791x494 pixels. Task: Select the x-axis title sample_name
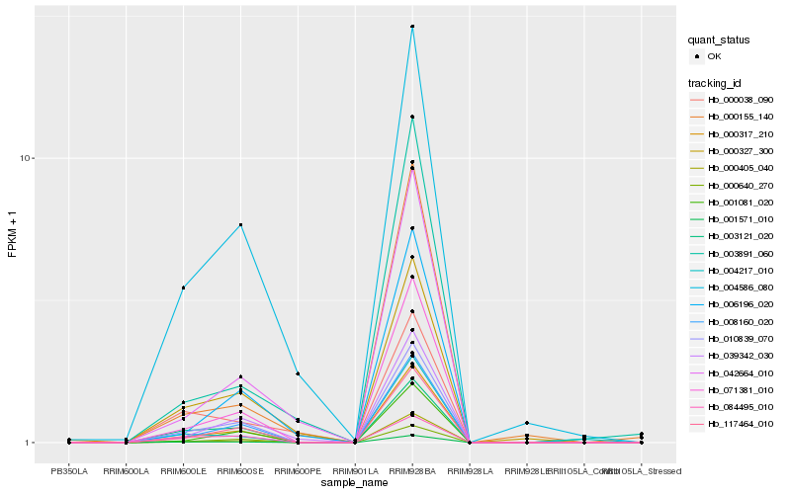(x=355, y=482)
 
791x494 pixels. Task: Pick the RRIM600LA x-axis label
(x=126, y=470)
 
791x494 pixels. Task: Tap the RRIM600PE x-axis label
(x=298, y=470)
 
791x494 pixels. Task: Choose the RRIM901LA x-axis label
(x=355, y=470)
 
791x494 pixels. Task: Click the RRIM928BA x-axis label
(x=412, y=470)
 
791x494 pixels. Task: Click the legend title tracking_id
(x=717, y=82)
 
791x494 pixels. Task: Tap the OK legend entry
(x=714, y=56)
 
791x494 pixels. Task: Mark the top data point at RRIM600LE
(x=183, y=288)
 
